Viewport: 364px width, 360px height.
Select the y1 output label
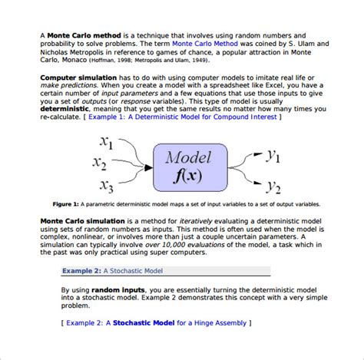pos(273,156)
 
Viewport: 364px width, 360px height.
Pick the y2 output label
pos(273,185)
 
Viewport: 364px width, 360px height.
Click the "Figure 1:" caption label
pos(66,205)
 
